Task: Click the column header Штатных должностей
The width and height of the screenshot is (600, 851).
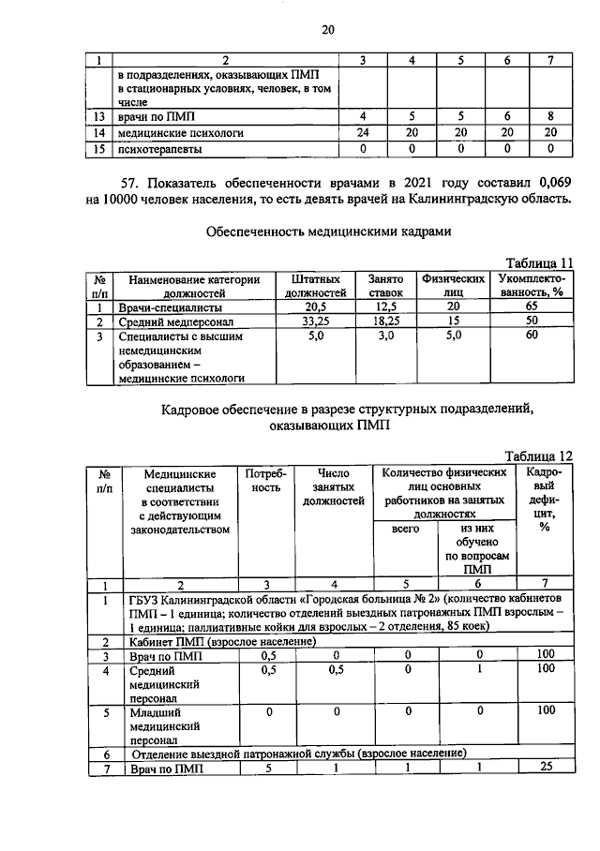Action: click(315, 286)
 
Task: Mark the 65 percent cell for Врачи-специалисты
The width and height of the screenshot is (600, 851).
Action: click(531, 307)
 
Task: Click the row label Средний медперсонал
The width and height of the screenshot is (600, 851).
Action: click(180, 321)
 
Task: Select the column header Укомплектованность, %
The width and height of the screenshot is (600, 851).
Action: click(531, 286)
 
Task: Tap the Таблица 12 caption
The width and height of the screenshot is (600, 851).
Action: click(538, 455)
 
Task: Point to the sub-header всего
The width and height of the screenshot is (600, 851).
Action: click(404, 530)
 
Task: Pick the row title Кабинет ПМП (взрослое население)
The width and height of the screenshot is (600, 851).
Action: click(221, 642)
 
